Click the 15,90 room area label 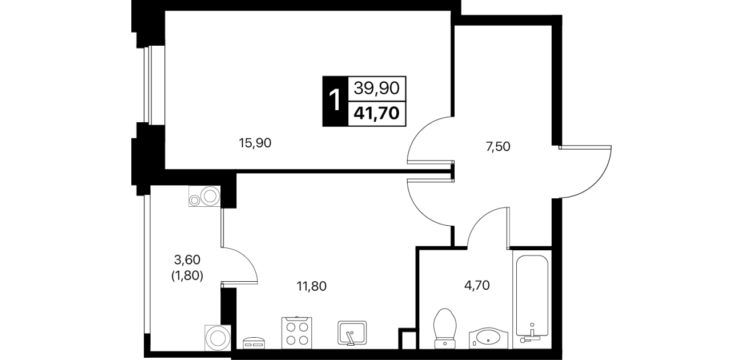255,143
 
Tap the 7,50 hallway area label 498,146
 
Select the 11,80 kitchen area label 311,286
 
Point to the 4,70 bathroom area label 477,285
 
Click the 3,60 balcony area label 187,260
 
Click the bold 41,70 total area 376,114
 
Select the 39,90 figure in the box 376,88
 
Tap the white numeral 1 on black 335,101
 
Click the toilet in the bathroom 445,329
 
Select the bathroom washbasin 488,338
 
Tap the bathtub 532,299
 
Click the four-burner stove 297,333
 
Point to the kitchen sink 352,333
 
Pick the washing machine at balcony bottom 218,338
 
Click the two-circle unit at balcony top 204,196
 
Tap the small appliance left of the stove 254,343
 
